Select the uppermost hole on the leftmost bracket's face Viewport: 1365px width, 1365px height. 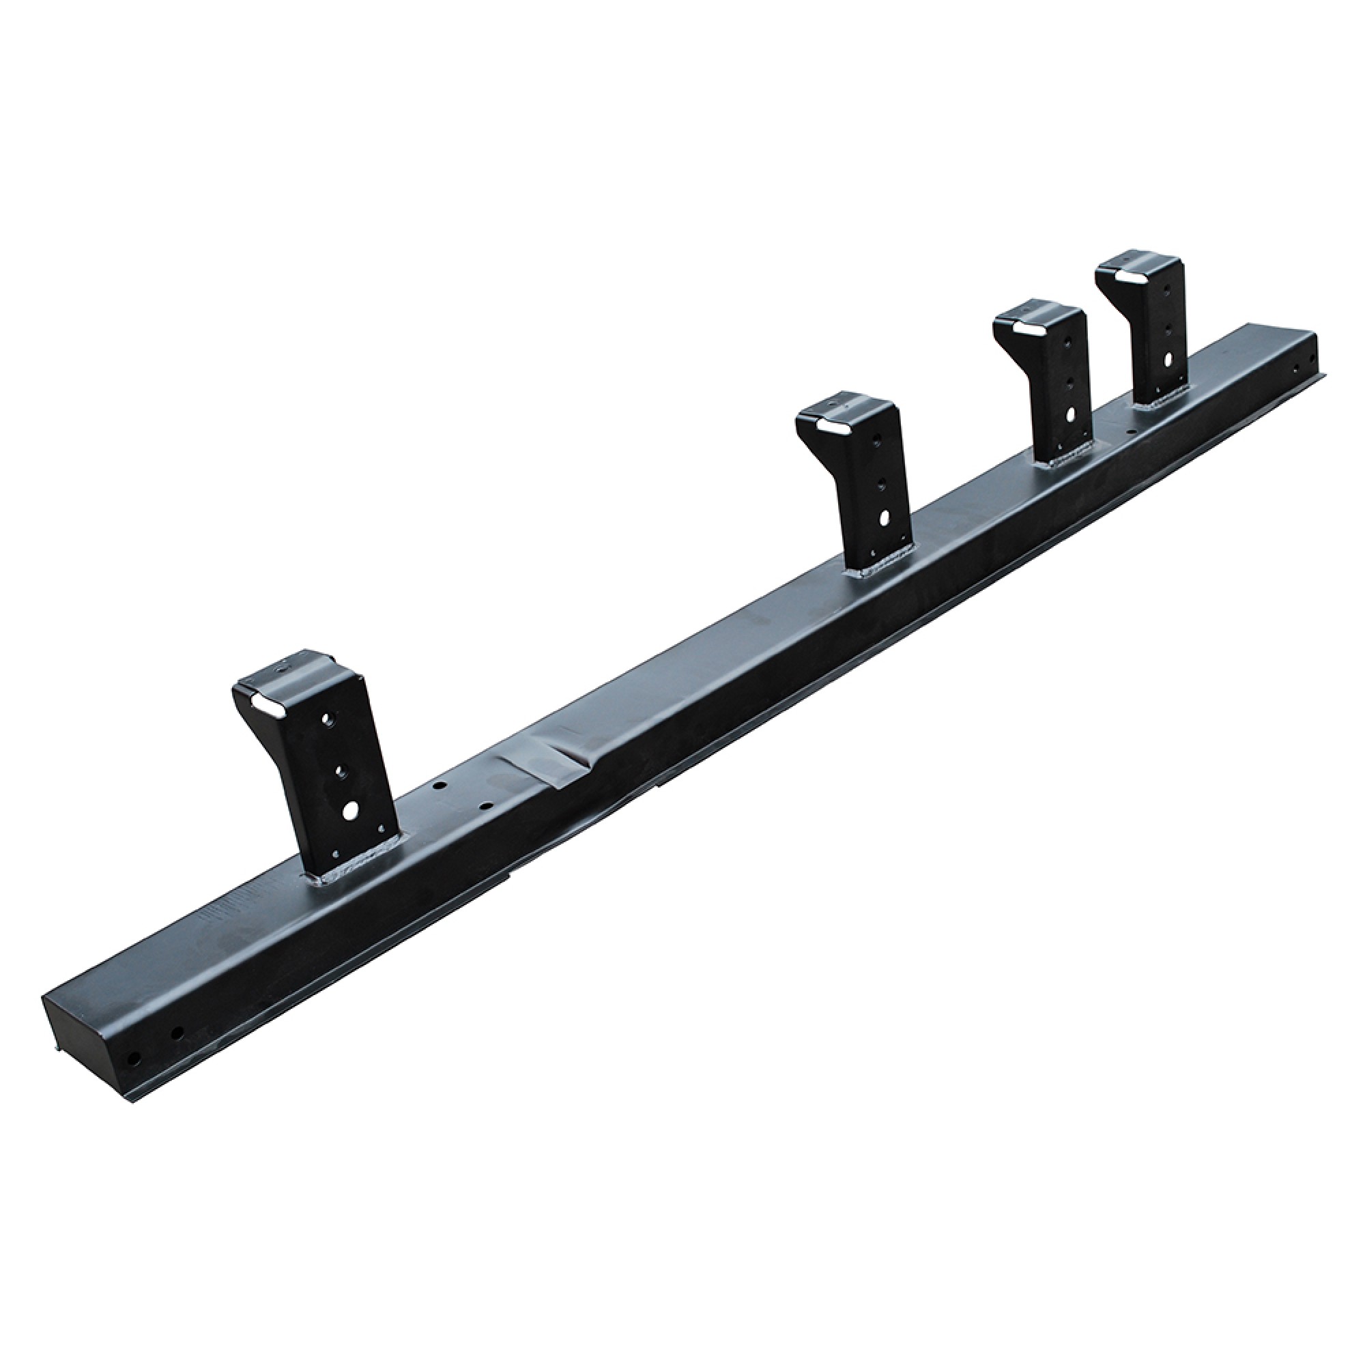[327, 720]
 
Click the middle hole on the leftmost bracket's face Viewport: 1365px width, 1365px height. [338, 769]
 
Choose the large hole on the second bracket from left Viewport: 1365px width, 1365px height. [885, 518]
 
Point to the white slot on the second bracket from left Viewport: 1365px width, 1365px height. [831, 427]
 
